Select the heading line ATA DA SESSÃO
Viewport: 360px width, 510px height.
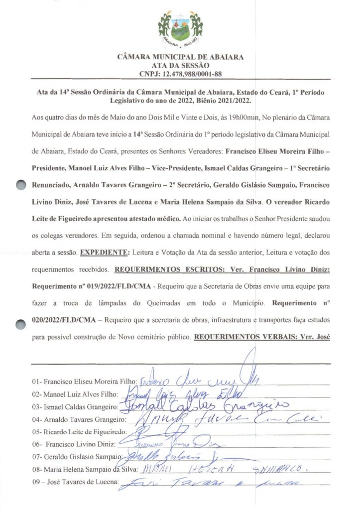click(x=180, y=66)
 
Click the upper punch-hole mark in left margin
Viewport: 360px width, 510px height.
click(x=19, y=185)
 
